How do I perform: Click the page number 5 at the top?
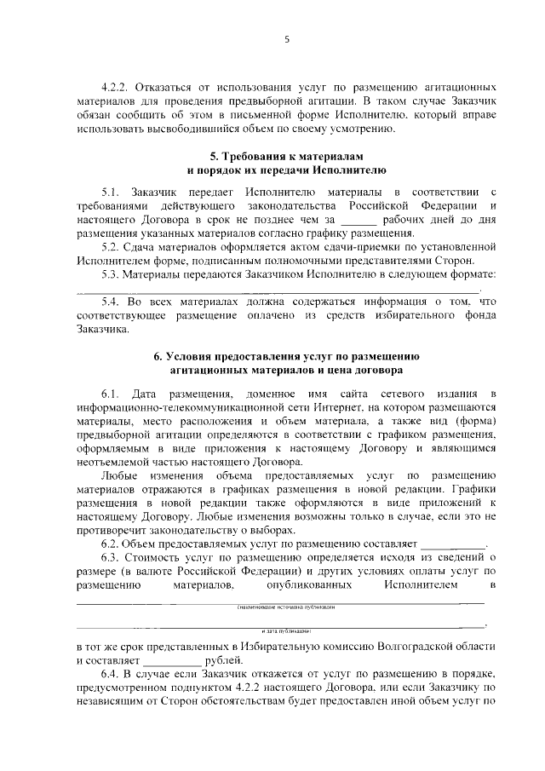point(286,37)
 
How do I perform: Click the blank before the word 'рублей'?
point(174,661)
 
